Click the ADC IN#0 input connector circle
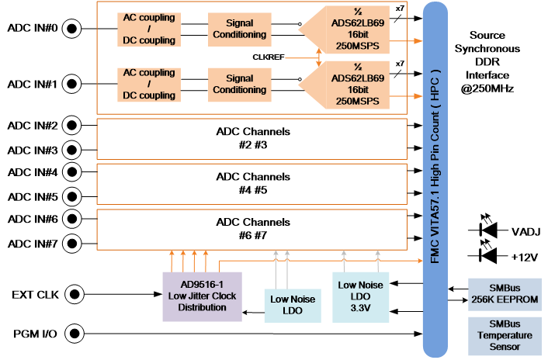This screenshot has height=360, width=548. (x=71, y=28)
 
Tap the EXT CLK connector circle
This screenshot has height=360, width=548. (x=75, y=294)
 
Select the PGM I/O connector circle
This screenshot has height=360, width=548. (x=75, y=334)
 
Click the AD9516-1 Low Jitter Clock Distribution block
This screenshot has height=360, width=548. (x=203, y=296)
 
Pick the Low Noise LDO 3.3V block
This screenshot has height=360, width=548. (x=360, y=297)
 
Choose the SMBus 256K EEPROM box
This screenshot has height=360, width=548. (x=505, y=294)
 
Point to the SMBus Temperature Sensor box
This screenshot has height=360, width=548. (x=505, y=336)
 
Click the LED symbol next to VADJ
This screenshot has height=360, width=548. (x=488, y=227)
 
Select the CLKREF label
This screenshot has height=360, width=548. (x=269, y=57)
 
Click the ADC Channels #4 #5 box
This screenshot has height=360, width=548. (x=252, y=184)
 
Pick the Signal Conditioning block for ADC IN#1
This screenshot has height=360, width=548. (x=240, y=85)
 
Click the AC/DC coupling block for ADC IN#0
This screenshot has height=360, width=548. (x=149, y=29)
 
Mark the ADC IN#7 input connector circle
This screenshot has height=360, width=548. (x=72, y=244)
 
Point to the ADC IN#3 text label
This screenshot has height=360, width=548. (x=33, y=151)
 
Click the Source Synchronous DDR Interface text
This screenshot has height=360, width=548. (x=487, y=62)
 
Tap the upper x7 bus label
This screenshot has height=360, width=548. (x=400, y=8)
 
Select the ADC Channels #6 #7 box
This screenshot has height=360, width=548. (x=252, y=230)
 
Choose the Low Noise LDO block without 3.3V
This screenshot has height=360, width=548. (x=293, y=306)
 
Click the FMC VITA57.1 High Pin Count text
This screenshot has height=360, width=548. (x=435, y=166)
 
